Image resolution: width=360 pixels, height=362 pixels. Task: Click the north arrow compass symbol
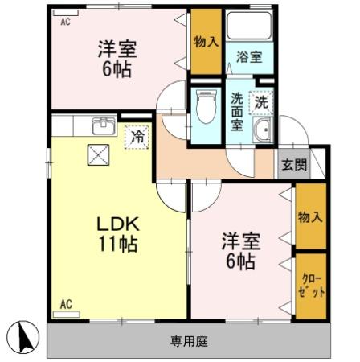[22, 337]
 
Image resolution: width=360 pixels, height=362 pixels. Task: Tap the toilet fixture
[207, 106]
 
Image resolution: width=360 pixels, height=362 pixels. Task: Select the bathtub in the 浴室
[249, 26]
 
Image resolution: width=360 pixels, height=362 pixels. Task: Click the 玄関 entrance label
[294, 164]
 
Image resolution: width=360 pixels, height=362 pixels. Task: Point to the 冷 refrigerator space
[137, 137]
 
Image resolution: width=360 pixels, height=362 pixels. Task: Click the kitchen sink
[104, 126]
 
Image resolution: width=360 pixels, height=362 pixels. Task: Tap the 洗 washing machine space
[261, 102]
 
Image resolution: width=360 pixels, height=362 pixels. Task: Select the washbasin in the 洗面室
[263, 130]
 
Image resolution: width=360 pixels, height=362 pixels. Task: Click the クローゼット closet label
[311, 285]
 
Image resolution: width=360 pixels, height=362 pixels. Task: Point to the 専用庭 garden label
[190, 341]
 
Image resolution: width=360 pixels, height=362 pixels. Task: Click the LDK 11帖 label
[118, 233]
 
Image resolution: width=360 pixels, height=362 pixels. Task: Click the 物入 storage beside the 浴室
[206, 42]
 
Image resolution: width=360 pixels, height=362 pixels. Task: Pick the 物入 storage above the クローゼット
[311, 216]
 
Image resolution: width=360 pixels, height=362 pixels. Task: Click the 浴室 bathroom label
[249, 57]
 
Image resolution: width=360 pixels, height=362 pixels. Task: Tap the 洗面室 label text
[237, 111]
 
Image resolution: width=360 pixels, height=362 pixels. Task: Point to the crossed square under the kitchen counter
[98, 154]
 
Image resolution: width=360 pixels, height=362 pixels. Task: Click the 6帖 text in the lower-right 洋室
[240, 261]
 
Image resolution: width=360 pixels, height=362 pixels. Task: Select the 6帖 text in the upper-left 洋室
[117, 69]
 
